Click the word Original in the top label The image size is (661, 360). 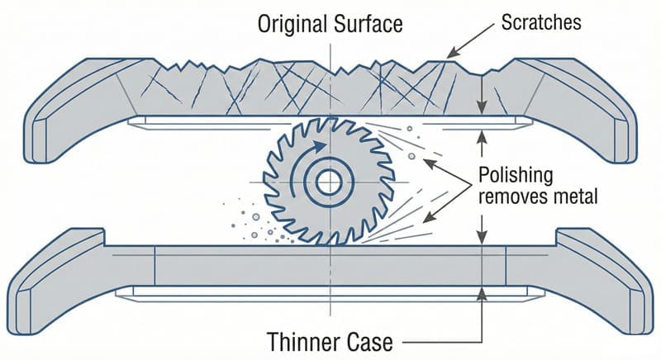pos(290,22)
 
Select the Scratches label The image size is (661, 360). pos(540,22)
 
